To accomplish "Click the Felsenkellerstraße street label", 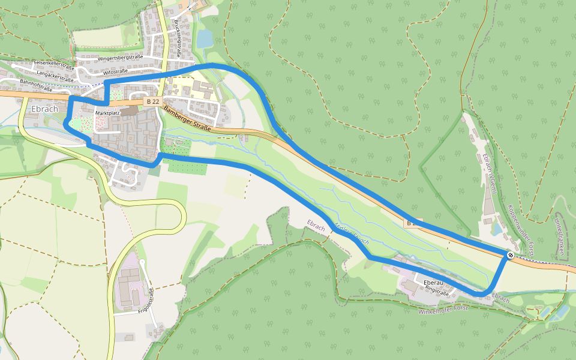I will pyautogui.click(x=53, y=63).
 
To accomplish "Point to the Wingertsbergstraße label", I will pyautogui.click(x=120, y=58).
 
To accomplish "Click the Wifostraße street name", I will pyautogui.click(x=116, y=71).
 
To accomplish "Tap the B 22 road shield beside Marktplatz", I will pyautogui.click(x=152, y=102).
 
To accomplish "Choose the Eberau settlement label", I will pyautogui.click(x=416, y=281).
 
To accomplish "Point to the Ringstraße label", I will pyautogui.click(x=436, y=289).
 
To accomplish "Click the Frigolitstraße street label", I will pyautogui.click(x=146, y=302).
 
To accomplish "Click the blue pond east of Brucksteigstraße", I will pyautogui.click(x=205, y=38).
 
